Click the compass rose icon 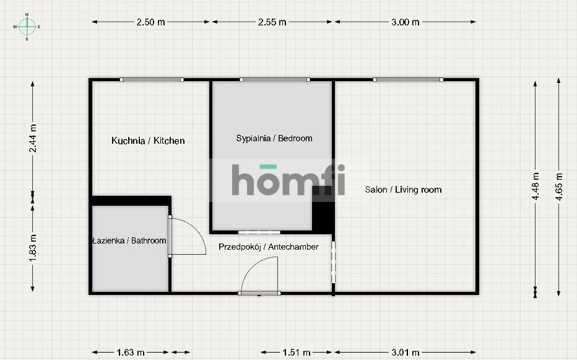point(27,26)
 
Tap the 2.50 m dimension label point(151,22)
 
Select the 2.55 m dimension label point(272,22)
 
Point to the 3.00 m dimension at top point(406,22)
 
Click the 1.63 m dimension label point(131,353)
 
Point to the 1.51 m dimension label point(297,353)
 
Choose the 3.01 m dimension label point(406,353)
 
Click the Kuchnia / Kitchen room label point(148,141)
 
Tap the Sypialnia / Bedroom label point(274,138)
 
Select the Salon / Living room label point(403,190)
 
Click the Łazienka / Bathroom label point(129,240)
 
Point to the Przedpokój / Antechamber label point(269,247)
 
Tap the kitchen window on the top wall point(152,79)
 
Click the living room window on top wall point(408,79)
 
